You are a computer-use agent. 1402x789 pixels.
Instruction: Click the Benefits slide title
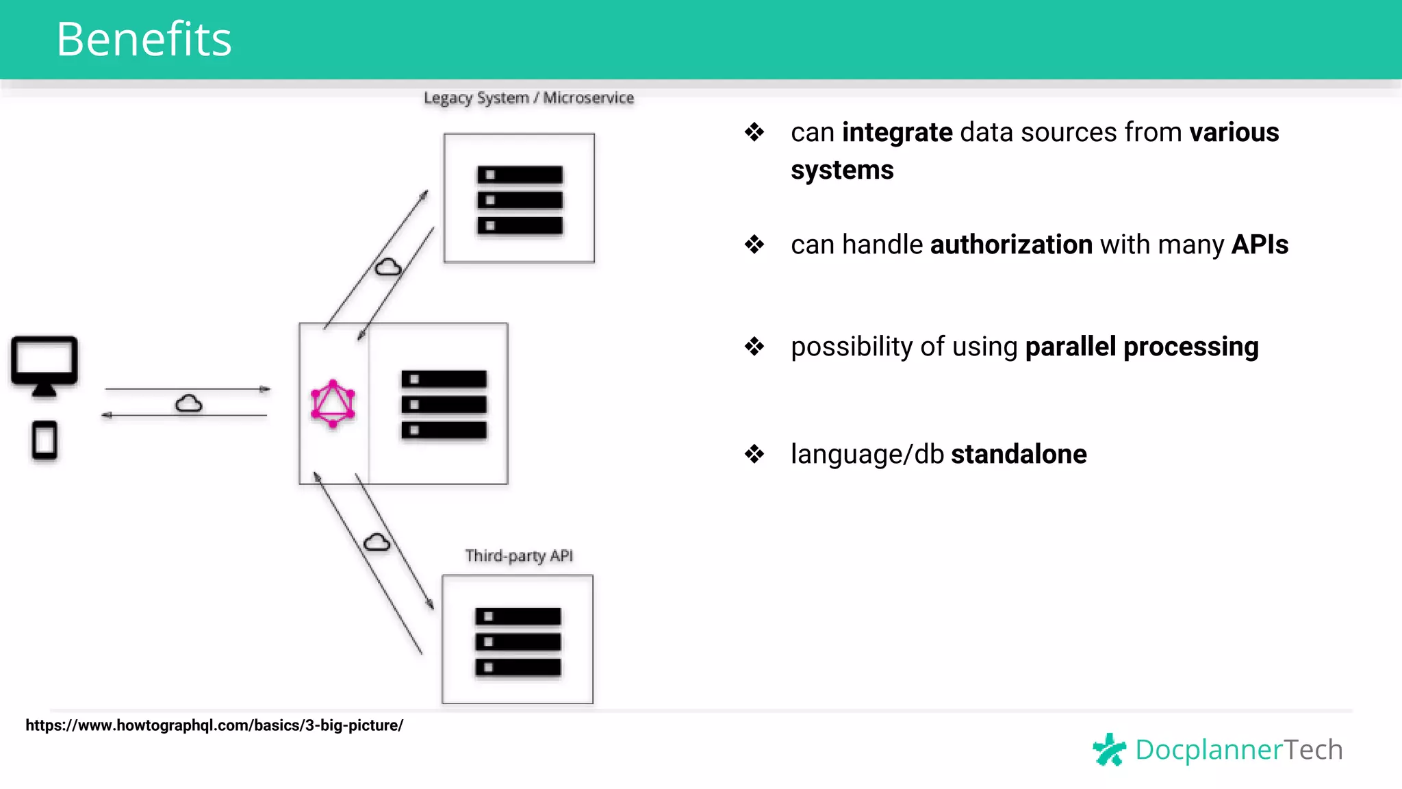[x=144, y=39]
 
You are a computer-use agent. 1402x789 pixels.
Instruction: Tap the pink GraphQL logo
[x=333, y=403]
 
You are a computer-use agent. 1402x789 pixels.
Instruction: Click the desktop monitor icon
[x=44, y=365]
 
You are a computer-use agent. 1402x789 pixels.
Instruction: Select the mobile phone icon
[x=44, y=440]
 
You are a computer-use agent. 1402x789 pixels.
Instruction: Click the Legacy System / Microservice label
[x=528, y=98]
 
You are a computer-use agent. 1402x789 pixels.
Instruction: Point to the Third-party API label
[x=519, y=555]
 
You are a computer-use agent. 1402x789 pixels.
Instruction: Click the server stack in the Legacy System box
[x=520, y=200]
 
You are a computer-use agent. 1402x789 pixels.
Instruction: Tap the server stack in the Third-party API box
[x=518, y=642]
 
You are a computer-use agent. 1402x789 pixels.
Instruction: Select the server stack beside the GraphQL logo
[x=444, y=405]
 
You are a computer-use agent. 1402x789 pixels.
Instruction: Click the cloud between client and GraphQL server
[x=188, y=403]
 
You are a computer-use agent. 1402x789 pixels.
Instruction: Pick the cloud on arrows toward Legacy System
[x=388, y=267]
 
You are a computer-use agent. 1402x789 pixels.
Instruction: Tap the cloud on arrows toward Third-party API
[x=377, y=542]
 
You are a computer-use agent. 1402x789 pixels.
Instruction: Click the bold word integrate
[x=897, y=132]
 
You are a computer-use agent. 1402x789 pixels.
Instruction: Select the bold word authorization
[x=1011, y=245]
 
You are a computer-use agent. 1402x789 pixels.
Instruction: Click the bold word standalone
[x=1019, y=454]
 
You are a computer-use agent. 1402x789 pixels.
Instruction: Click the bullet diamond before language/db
[x=754, y=453]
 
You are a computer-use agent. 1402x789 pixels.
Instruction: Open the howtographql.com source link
[x=214, y=725]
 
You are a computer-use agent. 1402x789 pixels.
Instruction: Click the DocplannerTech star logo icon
[x=1109, y=749]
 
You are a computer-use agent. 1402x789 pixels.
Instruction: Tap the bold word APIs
[x=1260, y=245]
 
